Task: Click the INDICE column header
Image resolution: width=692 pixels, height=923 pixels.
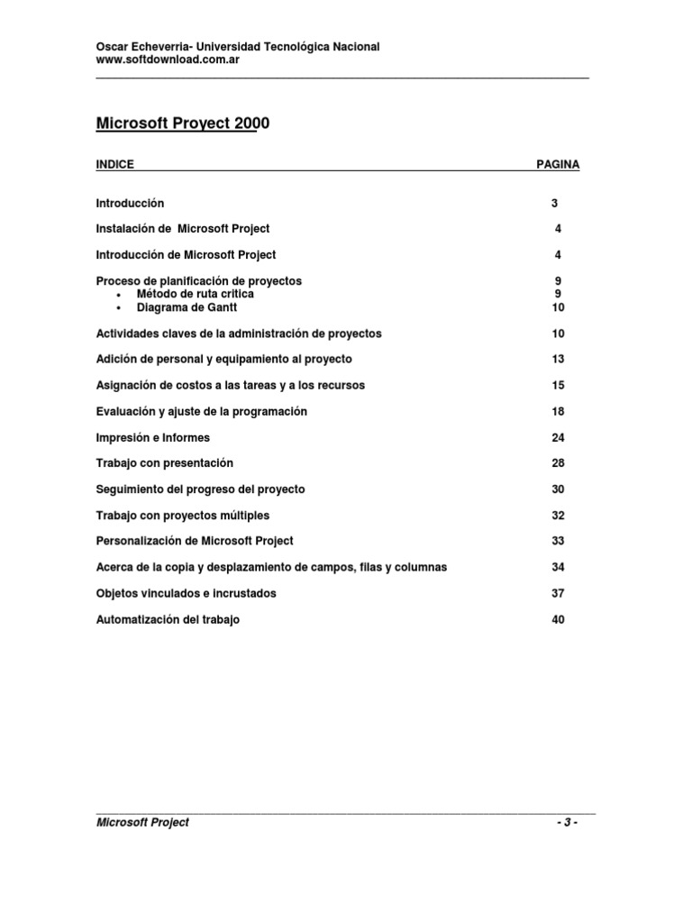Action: [114, 165]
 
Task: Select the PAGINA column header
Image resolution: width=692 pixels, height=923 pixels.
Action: [558, 165]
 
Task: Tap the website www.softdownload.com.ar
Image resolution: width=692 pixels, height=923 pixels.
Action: [167, 59]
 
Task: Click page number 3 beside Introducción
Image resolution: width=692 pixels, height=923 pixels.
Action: [555, 204]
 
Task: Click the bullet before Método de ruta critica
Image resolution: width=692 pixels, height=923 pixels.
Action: [119, 295]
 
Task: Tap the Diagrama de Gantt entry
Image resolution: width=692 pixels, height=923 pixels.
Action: [187, 307]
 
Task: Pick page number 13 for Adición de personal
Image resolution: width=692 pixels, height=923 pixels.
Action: [558, 360]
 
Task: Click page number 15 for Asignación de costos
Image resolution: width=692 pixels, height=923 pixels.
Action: [558, 386]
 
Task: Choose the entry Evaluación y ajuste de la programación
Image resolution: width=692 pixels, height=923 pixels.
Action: [202, 412]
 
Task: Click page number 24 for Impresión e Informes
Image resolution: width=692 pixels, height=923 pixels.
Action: [558, 438]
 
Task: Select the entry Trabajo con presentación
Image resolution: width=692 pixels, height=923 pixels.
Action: [165, 463]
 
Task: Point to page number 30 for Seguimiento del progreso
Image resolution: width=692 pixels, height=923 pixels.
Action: [558, 489]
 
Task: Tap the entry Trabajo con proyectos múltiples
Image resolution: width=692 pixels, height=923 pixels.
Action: [183, 516]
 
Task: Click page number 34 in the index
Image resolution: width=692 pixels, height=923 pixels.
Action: [558, 568]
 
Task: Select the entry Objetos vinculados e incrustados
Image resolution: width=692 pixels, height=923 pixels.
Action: [187, 594]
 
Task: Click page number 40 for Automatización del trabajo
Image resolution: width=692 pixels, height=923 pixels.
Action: [558, 620]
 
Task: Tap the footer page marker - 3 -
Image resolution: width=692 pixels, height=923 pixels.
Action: [567, 823]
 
